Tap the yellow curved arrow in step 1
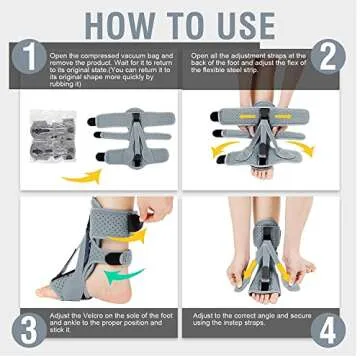(85, 176)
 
